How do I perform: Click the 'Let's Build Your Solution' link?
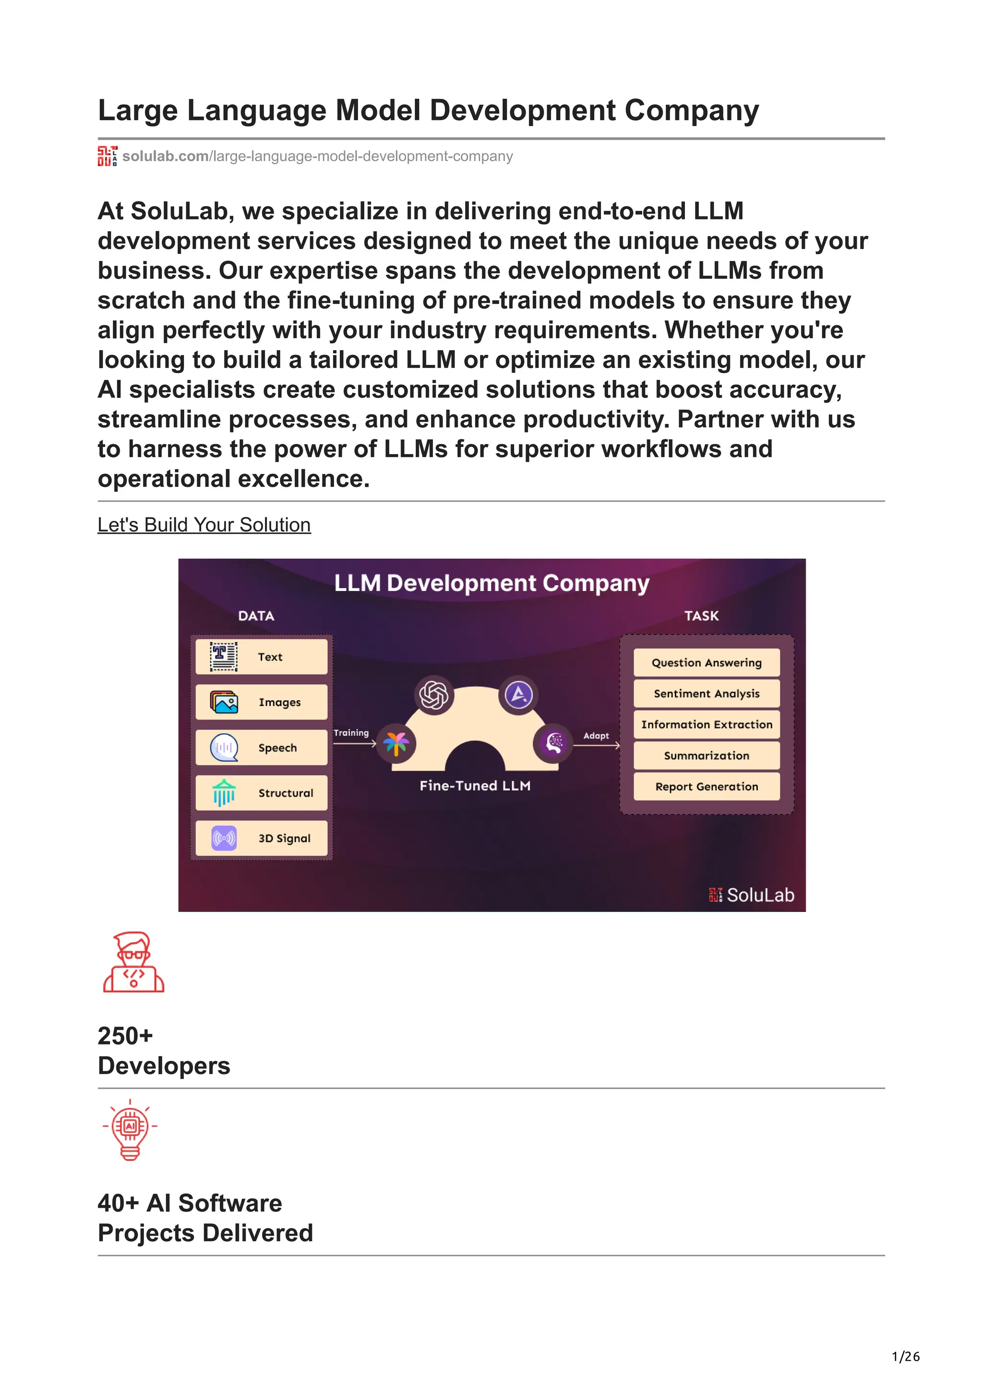204,525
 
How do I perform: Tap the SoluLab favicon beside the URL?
107,156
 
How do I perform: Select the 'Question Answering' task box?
706,662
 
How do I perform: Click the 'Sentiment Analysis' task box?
706,694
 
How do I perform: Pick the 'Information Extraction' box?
706,725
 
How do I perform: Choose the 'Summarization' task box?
706,755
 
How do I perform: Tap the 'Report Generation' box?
706,787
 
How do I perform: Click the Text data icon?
224,657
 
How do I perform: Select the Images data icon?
224,702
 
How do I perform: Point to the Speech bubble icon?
224,748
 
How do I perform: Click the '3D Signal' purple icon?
224,838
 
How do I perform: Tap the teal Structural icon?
224,793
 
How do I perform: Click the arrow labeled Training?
355,743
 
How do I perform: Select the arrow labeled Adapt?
597,746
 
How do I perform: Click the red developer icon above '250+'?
134,962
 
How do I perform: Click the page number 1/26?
905,1357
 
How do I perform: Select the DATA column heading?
256,616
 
